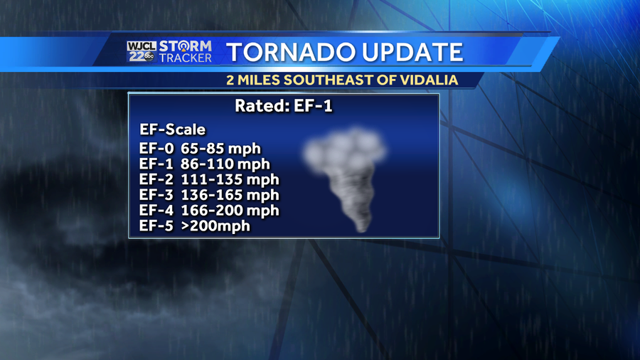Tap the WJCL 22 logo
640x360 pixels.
142,52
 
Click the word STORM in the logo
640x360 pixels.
186,46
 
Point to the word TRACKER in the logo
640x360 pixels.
186,58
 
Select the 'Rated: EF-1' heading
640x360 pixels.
284,106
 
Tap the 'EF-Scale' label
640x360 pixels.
172,129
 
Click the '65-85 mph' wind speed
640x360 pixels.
221,149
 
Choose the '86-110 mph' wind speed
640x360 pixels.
225,164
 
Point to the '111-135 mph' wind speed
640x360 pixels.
230,179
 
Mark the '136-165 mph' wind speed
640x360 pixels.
230,195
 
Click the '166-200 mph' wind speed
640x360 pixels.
230,210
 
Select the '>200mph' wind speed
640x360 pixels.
215,226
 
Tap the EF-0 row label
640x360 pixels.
156,149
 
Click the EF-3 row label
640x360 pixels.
156,195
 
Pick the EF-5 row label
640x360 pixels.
156,226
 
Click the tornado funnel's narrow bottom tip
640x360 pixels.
362,229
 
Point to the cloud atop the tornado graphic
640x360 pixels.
346,149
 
